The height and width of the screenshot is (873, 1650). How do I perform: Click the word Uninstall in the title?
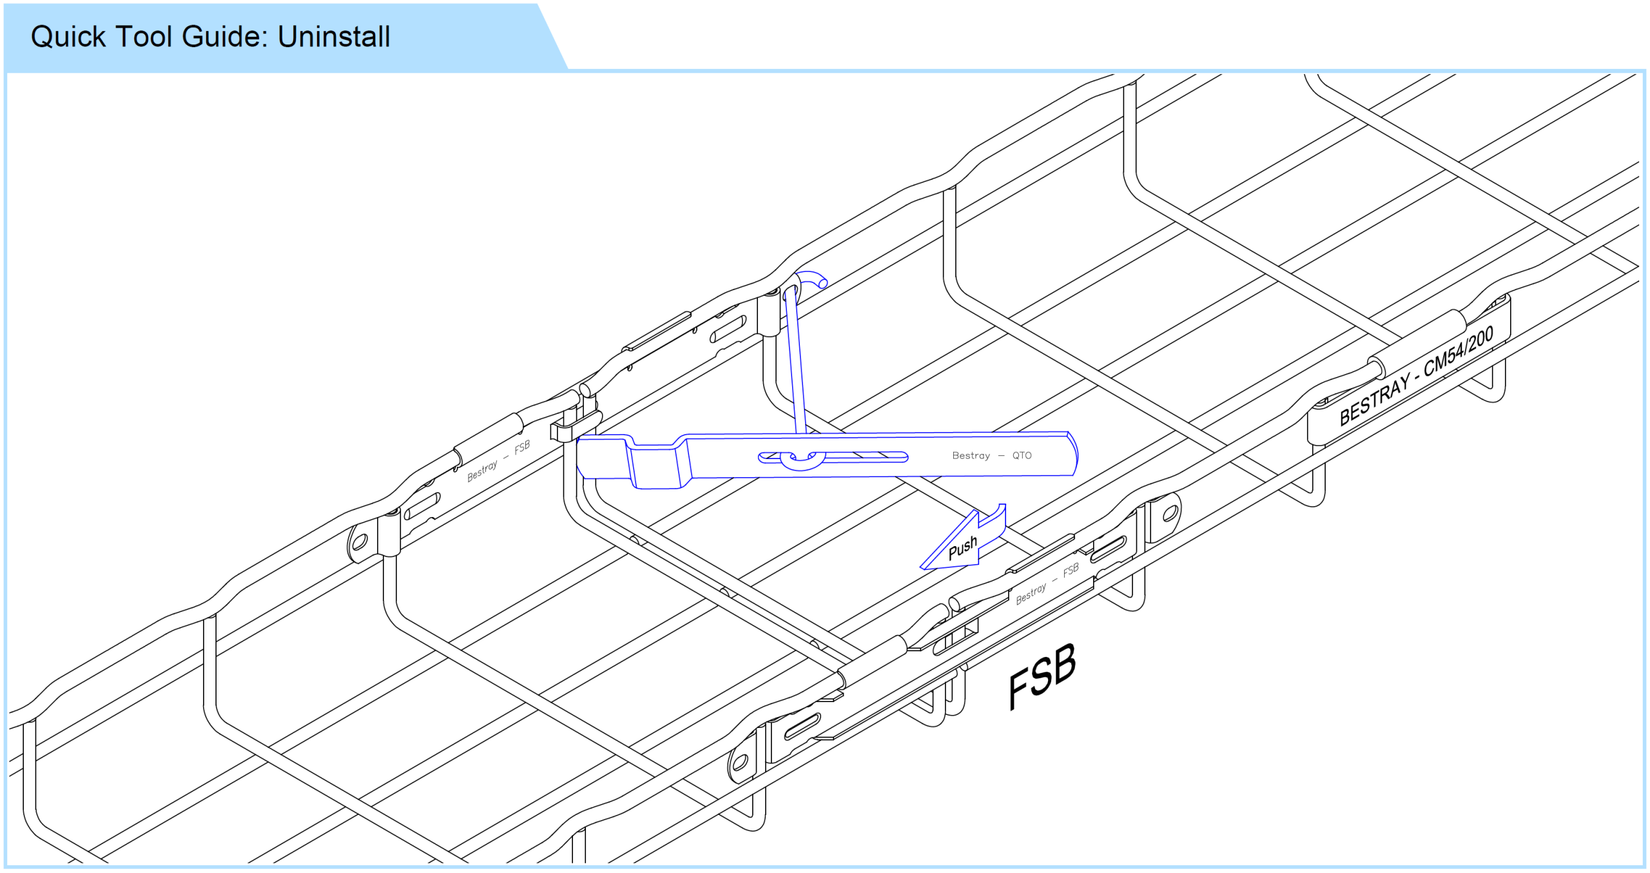coord(334,36)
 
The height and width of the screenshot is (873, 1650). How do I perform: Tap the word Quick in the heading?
coord(68,37)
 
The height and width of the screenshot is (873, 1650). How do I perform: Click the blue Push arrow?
coord(963,539)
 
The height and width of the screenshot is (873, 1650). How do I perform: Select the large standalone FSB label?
coord(1042,676)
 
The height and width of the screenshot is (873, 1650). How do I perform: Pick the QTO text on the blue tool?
coord(1022,455)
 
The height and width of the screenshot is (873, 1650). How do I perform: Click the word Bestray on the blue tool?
coord(971,455)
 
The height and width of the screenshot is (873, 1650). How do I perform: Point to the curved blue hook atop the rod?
coord(811,281)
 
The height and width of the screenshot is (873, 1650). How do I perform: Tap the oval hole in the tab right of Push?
coord(1170,514)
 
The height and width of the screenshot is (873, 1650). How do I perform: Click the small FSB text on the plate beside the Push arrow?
coord(1071,570)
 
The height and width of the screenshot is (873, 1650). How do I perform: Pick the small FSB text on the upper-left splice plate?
coord(522,447)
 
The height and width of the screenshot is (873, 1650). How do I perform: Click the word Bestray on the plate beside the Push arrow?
coord(1031,593)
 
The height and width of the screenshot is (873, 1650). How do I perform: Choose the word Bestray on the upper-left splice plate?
coord(482,470)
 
